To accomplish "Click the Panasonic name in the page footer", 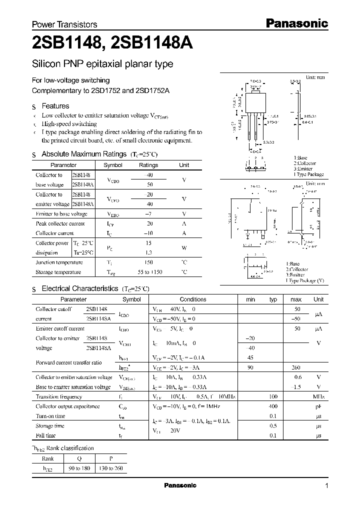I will tap(180, 485).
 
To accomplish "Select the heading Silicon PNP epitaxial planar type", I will tap(102, 64).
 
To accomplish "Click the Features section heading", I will tap(55, 106).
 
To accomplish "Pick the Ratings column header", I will tap(148, 165).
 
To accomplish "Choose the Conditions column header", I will tap(193, 299).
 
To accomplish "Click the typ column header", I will tap(273, 299).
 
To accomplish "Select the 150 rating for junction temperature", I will tap(148, 262).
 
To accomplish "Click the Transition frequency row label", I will tap(58, 396).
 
